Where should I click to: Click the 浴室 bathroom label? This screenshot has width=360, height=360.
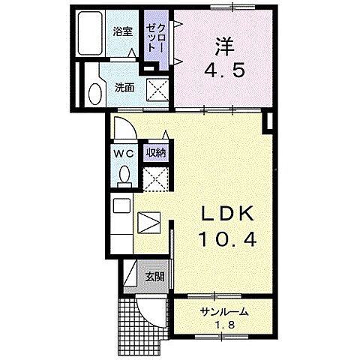pos(121,31)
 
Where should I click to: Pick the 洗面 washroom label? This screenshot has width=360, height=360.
pos(124,86)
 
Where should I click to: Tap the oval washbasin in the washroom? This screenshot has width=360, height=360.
pos(95,94)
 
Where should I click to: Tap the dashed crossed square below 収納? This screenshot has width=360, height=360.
pos(156,180)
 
